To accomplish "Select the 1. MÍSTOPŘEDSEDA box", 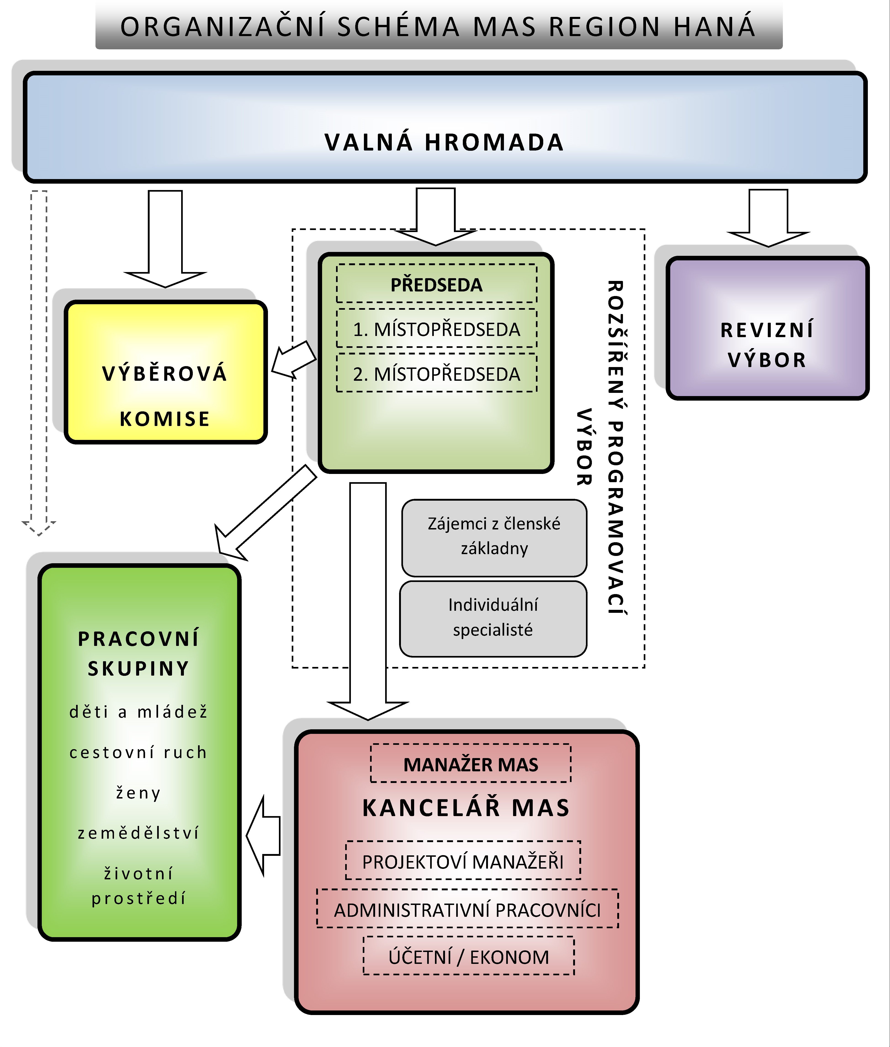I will pos(436,329).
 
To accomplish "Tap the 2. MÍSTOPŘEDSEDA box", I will pos(436,374).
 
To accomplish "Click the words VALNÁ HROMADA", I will pos(444,142).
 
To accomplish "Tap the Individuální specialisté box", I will pos(493,618).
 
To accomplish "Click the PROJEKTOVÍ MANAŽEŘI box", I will pos(463,861).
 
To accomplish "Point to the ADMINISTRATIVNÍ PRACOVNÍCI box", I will pos(467,910).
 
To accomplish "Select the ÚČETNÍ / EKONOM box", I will pos(469,957).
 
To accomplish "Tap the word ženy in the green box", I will pos(138,793).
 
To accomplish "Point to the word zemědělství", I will pos(138,833).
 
